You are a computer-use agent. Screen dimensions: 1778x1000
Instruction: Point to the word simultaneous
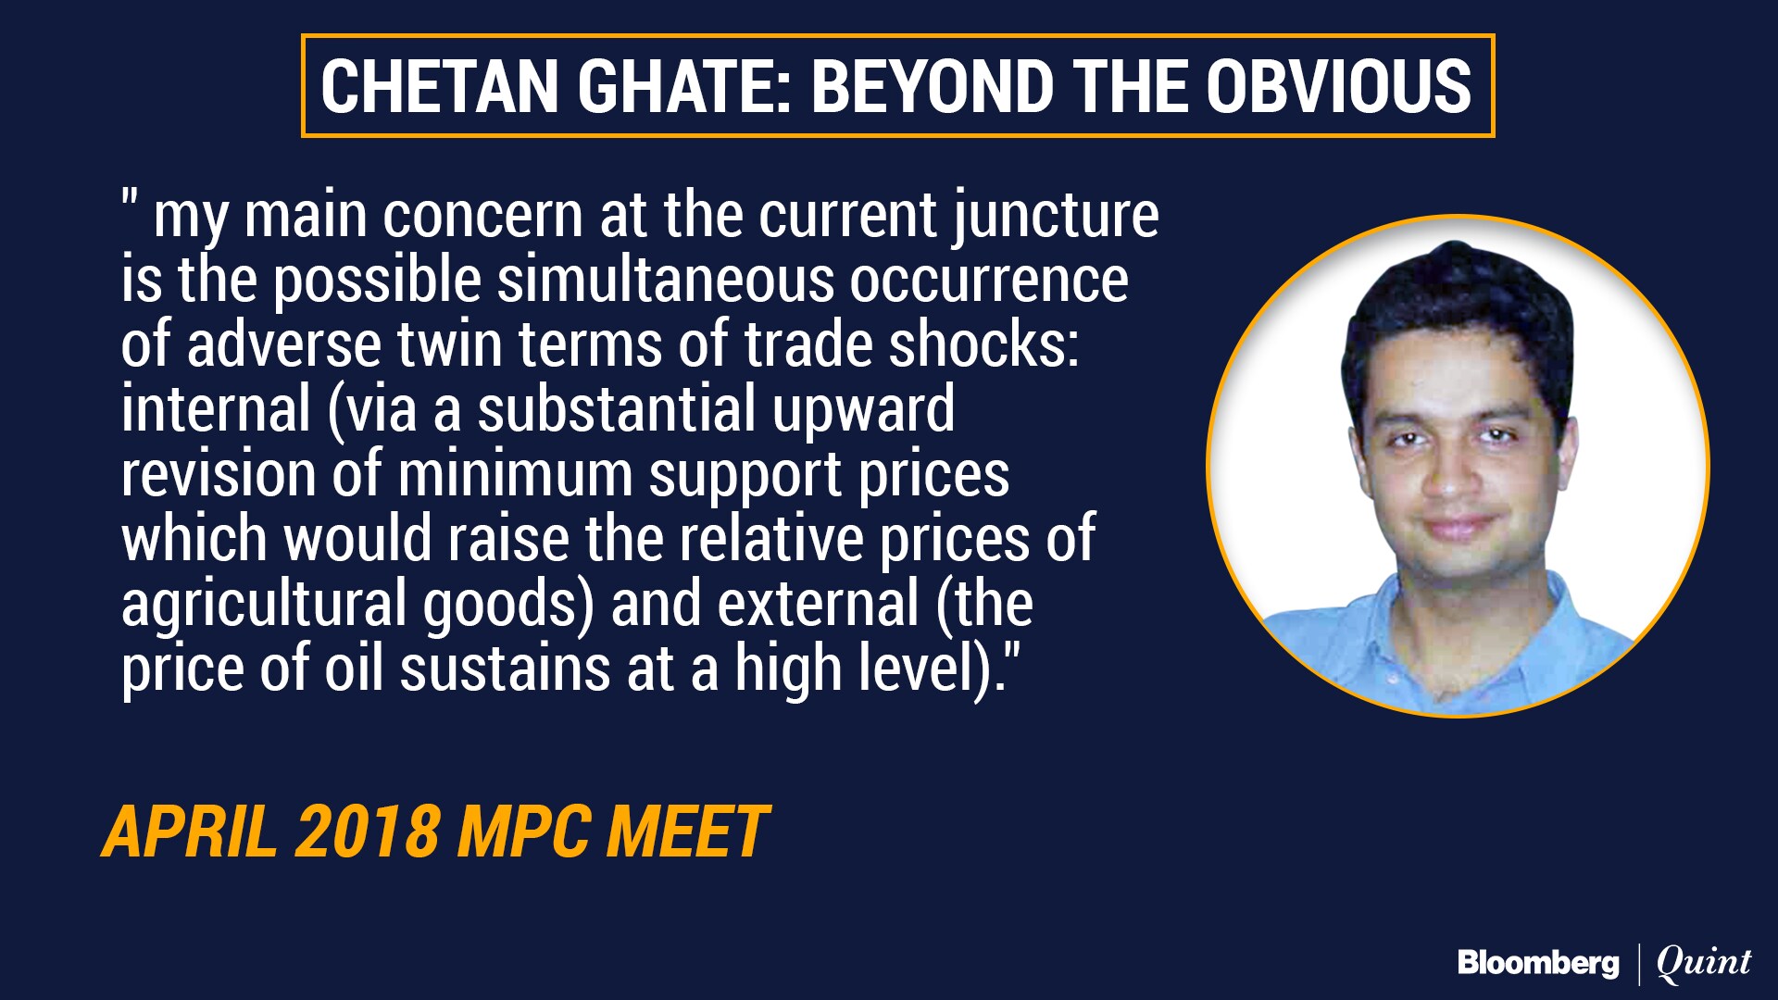click(x=665, y=280)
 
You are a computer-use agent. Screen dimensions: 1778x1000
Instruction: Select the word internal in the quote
click(x=216, y=408)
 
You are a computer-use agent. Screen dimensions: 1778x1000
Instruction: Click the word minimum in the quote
click(x=515, y=473)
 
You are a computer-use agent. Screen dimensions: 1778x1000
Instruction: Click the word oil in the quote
click(x=353, y=668)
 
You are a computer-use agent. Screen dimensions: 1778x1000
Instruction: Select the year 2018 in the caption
click(x=367, y=831)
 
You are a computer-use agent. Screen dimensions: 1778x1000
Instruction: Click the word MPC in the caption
click(x=522, y=831)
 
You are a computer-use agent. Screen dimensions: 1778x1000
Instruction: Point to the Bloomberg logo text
click(x=1538, y=964)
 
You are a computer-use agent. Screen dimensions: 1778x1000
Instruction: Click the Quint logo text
click(x=1704, y=964)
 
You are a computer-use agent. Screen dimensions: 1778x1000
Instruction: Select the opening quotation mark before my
click(x=130, y=200)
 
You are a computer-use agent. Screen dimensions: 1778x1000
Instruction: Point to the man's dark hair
click(x=1454, y=306)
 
